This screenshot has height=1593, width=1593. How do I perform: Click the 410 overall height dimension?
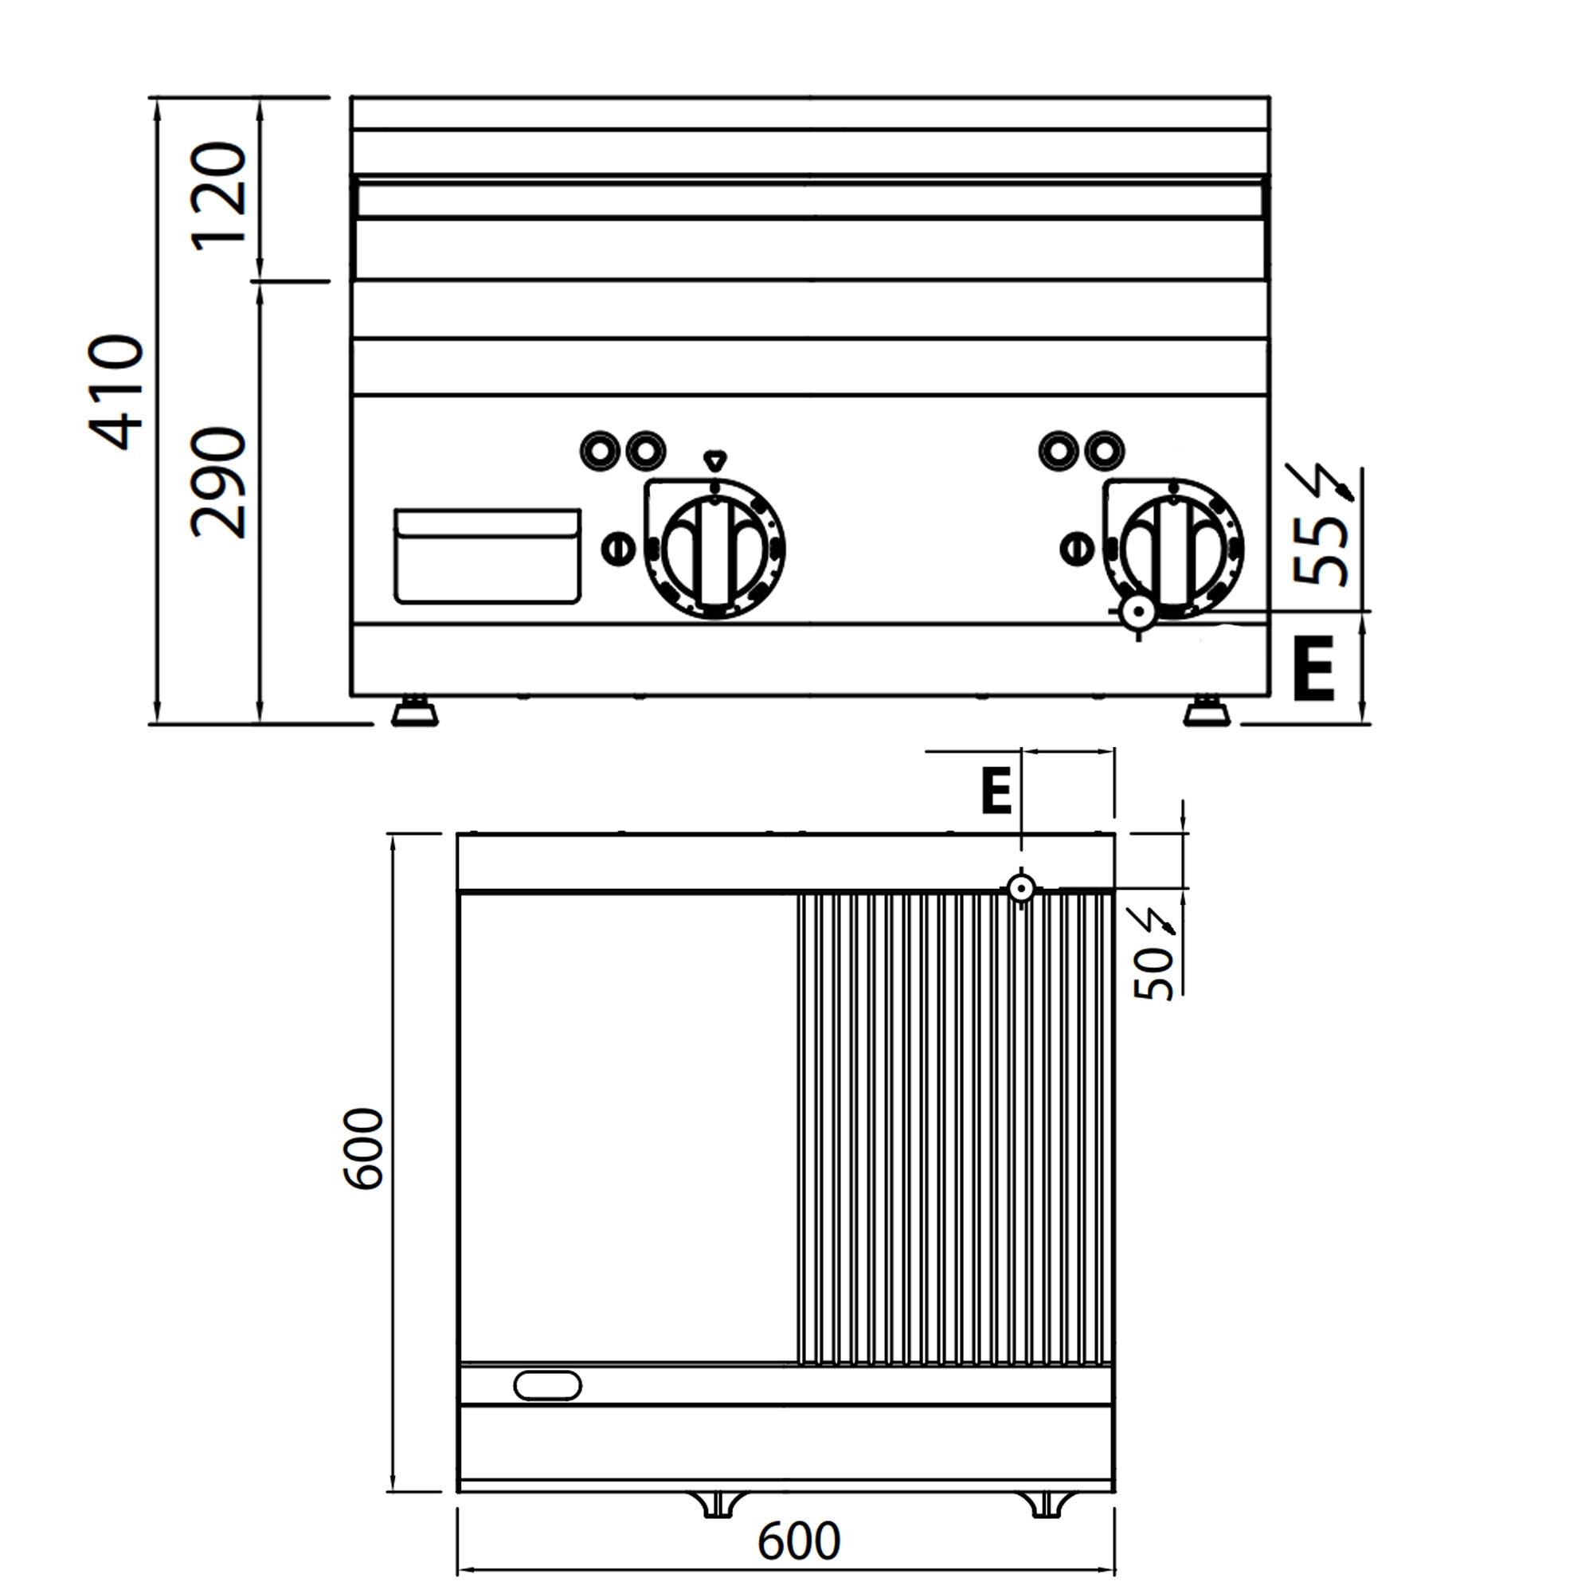(x=116, y=393)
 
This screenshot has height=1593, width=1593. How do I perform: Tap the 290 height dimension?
(x=219, y=483)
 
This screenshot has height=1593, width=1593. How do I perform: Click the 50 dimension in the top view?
(x=1154, y=974)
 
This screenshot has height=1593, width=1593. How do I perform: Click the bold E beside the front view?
(x=1313, y=669)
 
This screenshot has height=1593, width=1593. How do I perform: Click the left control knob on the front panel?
(x=714, y=549)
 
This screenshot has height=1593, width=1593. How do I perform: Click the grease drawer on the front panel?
(x=487, y=556)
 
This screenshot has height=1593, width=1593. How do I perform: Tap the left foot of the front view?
(x=415, y=710)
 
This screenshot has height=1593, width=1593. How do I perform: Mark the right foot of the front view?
(x=1206, y=710)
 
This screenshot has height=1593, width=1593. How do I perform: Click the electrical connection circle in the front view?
(x=1141, y=613)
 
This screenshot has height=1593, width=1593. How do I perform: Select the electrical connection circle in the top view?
(x=1022, y=888)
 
